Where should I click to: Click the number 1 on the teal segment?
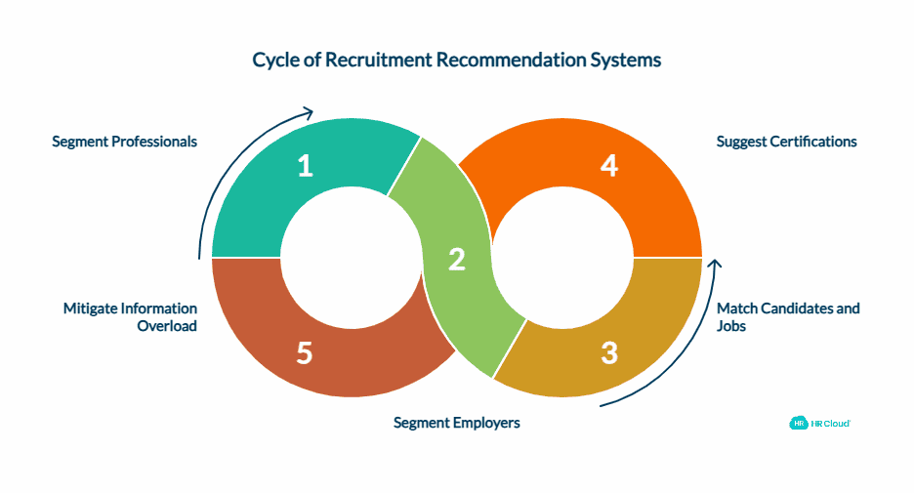306,167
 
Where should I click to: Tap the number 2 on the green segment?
456,260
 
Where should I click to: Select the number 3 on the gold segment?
609,352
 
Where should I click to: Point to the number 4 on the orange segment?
609,167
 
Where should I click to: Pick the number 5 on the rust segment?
305,352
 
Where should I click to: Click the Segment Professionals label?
124,142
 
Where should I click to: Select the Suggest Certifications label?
786,142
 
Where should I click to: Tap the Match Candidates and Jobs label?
788,316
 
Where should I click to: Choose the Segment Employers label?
456,423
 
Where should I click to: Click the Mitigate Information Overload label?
130,316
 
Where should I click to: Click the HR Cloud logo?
819,423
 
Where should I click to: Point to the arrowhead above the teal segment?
309,112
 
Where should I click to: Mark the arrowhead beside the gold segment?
715,265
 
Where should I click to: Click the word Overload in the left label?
167,326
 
